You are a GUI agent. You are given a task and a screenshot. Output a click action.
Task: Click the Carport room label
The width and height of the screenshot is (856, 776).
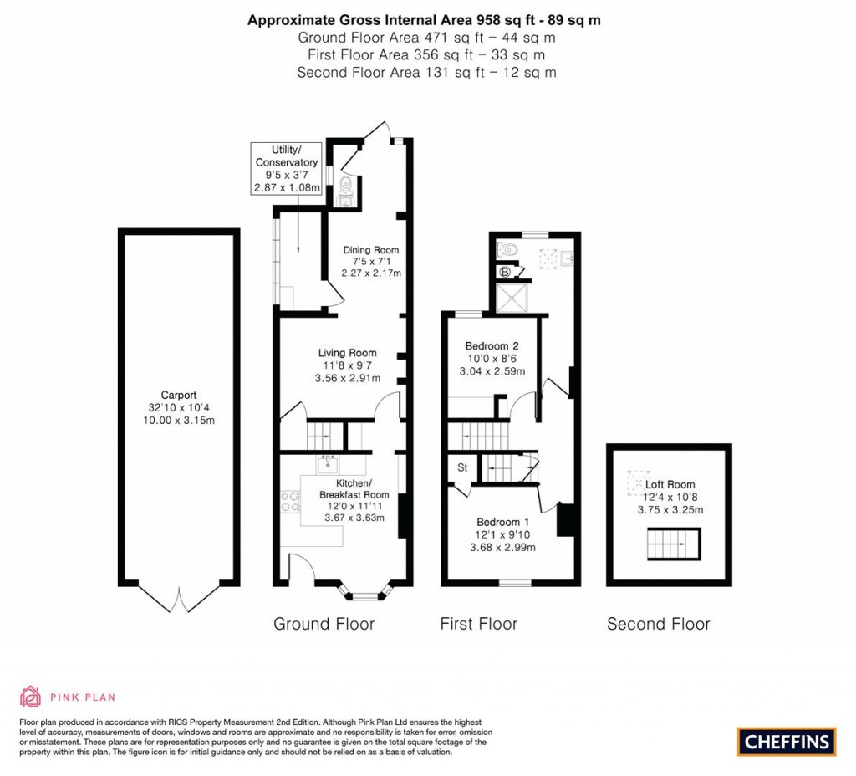coord(179,407)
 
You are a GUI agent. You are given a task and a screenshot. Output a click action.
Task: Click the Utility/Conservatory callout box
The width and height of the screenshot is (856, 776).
coord(287,169)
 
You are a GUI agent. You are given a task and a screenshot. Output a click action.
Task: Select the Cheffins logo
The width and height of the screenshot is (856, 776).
coord(786,741)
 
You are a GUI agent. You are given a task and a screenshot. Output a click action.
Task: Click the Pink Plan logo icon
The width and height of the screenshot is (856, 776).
coord(30,696)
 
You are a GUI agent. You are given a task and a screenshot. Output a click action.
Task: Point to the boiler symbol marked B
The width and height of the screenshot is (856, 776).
coord(505,272)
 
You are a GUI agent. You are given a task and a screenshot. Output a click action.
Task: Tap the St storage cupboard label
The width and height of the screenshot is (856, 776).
coord(461,468)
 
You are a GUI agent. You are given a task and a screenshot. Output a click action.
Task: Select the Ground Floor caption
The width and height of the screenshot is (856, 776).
coord(324,624)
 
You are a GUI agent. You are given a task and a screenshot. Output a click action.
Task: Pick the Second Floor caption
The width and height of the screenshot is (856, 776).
coord(658,624)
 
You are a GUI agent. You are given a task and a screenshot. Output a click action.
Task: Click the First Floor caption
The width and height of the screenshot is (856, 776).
coord(479,624)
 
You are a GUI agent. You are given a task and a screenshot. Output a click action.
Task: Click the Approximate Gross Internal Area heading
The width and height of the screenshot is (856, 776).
coord(424,21)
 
